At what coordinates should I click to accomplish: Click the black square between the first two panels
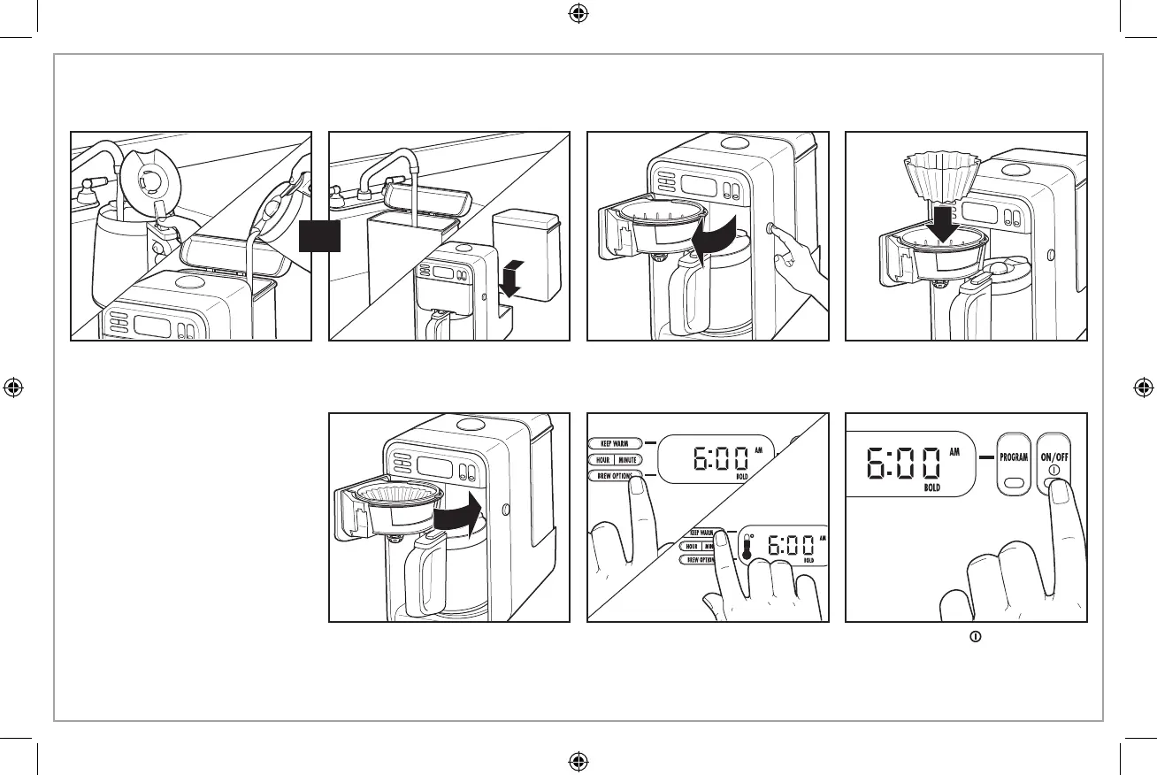[319, 235]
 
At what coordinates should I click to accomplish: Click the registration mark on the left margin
[13, 387]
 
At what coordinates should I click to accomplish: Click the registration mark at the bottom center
[578, 760]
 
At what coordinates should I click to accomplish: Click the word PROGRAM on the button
[1014, 458]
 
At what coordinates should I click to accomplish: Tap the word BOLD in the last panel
[931, 487]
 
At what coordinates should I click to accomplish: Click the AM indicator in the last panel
[954, 451]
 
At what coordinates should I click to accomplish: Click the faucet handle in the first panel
[88, 188]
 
